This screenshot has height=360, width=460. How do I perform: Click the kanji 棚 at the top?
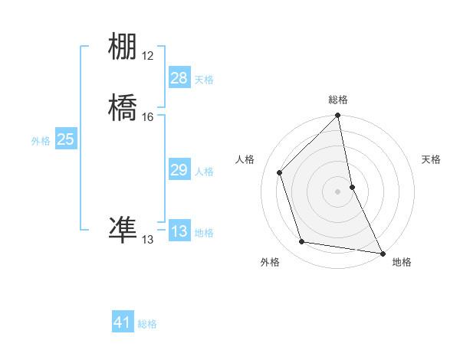pos(123,47)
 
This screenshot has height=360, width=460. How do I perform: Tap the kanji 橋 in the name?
pos(123,108)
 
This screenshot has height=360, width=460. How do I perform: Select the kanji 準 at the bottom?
pos(123,231)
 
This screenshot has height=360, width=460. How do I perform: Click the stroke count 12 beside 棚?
pos(147,56)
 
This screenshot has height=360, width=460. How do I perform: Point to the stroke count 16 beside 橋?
pos(147,117)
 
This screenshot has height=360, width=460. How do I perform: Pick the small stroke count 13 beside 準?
pos(147,240)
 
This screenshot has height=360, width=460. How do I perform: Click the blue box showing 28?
pos(179,78)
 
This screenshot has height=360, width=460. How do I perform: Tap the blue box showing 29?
pos(179,171)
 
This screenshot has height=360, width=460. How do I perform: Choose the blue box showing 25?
pos(66,139)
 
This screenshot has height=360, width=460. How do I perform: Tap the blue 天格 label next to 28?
pos(204,80)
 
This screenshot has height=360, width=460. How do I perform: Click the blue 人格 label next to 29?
pos(204,172)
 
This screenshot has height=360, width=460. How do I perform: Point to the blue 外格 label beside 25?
pos(41,141)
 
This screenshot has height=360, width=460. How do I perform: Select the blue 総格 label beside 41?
pos(147,324)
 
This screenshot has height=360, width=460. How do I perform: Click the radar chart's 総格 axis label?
pos(338,100)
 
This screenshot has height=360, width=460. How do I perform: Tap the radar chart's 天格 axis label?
pos(431,159)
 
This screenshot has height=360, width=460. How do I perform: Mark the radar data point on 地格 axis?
pos(382,253)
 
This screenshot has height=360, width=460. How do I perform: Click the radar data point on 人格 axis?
pos(280,172)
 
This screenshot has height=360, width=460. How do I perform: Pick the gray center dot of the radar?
pos(338,191)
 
